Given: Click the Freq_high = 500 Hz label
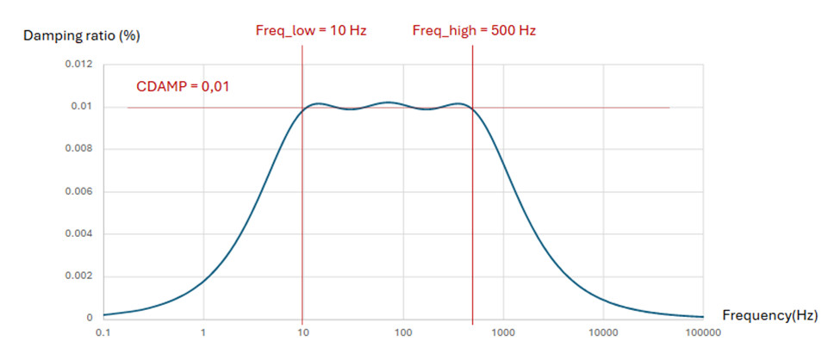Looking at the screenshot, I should [x=475, y=31].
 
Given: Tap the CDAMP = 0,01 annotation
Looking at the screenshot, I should [x=183, y=86].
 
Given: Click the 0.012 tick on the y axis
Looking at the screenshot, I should [x=79, y=65].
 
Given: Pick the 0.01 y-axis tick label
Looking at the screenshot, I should [x=83, y=107].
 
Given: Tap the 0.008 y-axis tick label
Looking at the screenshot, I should [x=79, y=149].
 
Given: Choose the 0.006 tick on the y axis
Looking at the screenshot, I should [x=79, y=191].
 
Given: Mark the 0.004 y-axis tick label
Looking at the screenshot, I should [x=79, y=233].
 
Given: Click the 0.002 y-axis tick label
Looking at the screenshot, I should [x=79, y=276].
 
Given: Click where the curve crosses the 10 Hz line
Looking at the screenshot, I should [x=302, y=109].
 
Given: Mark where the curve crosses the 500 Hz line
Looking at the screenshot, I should [x=473, y=112].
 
